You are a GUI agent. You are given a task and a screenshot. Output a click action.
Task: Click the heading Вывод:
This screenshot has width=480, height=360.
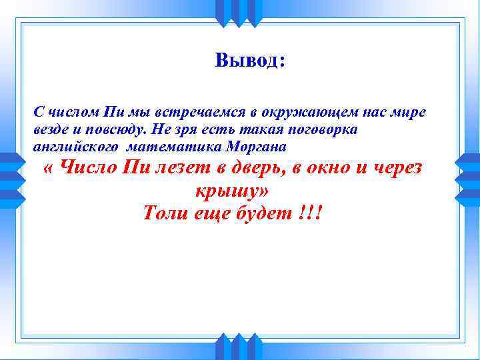251,61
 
